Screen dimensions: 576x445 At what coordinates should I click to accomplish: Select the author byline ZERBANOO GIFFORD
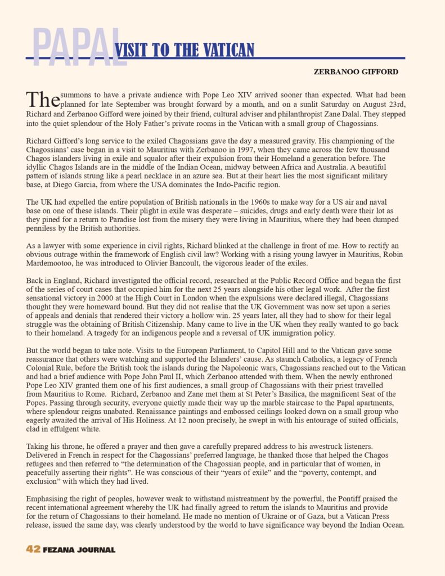pyautogui.click(x=356, y=71)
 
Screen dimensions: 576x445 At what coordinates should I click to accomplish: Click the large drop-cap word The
pyautogui.click(x=43, y=99)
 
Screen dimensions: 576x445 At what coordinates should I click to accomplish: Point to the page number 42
pyautogui.click(x=33, y=550)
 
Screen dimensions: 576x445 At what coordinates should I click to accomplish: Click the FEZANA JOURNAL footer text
pyautogui.click(x=79, y=550)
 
